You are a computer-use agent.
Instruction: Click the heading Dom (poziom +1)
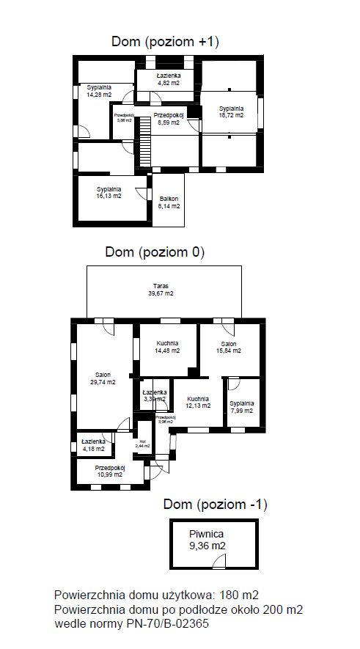165,42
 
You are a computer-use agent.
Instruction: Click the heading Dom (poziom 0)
155,252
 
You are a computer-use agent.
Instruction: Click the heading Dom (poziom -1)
216,505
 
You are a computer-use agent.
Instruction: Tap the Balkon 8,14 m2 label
169,202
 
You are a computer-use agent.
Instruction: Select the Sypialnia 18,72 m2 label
231,112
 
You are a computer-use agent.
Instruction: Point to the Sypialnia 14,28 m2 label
99,91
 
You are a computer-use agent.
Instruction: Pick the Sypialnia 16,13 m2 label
109,192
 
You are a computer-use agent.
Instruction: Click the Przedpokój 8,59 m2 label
168,119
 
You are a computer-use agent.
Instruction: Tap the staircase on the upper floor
145,139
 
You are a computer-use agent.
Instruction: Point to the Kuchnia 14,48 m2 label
167,347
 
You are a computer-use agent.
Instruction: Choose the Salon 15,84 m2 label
229,347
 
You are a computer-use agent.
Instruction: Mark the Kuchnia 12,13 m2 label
197,401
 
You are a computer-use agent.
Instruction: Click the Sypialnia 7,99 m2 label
241,407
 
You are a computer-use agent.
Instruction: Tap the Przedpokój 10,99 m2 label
109,471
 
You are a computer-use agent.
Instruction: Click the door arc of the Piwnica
218,561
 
